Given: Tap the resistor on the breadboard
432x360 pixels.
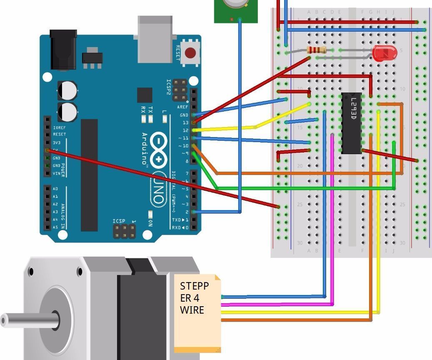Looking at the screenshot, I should (317, 50).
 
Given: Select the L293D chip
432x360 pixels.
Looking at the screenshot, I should (351, 123).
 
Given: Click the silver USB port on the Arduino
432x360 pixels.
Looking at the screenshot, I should (155, 40).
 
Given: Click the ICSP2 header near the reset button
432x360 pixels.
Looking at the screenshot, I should (180, 90).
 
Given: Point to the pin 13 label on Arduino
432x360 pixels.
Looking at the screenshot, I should (185, 122).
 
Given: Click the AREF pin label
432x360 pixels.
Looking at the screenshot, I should (183, 107).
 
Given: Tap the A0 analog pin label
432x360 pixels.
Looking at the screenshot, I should (55, 189).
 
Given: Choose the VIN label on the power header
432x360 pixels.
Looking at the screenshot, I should (56, 173).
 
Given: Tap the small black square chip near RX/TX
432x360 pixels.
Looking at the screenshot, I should (145, 95).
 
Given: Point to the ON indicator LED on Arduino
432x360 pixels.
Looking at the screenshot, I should (150, 214).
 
